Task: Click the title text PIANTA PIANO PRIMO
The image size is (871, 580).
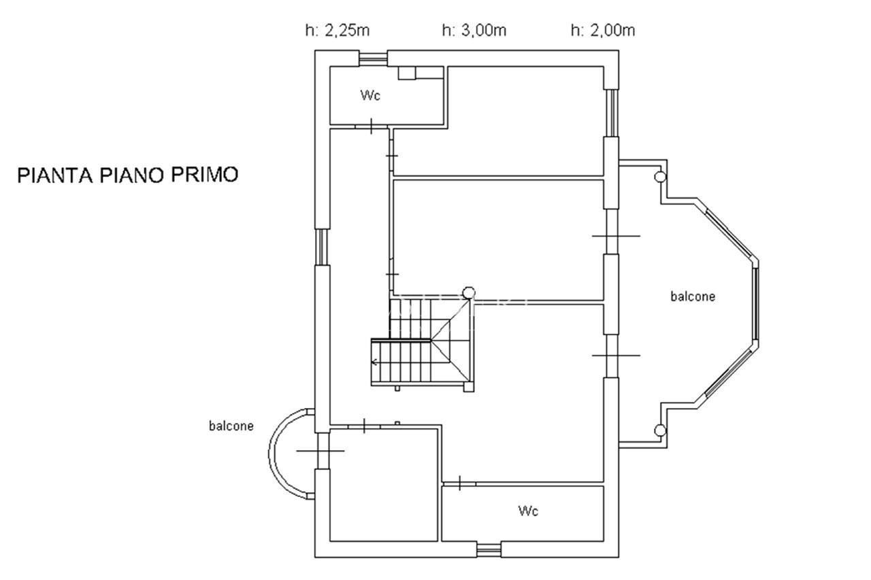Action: [127, 175]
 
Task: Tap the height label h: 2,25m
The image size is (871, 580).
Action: [337, 31]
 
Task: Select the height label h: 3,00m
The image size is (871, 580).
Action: [474, 31]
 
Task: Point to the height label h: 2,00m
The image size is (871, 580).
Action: [603, 31]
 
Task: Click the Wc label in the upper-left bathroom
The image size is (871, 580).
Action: [370, 95]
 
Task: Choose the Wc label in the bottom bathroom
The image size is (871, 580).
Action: [528, 511]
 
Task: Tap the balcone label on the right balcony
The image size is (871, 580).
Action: [693, 296]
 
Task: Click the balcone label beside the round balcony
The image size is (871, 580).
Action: [231, 426]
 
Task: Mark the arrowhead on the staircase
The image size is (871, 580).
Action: [374, 362]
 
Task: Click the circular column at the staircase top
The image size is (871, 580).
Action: [469, 292]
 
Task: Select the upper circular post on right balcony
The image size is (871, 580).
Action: [660, 177]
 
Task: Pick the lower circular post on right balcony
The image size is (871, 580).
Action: [660, 430]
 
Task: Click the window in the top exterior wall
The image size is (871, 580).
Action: [373, 58]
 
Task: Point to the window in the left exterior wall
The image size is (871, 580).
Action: [322, 247]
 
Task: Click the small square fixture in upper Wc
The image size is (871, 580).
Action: [407, 73]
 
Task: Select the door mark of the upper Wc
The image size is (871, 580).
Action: [372, 126]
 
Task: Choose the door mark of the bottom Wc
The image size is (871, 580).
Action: [459, 483]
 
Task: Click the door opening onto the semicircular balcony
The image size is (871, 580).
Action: [321, 451]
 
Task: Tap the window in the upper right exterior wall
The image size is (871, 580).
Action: [612, 113]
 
